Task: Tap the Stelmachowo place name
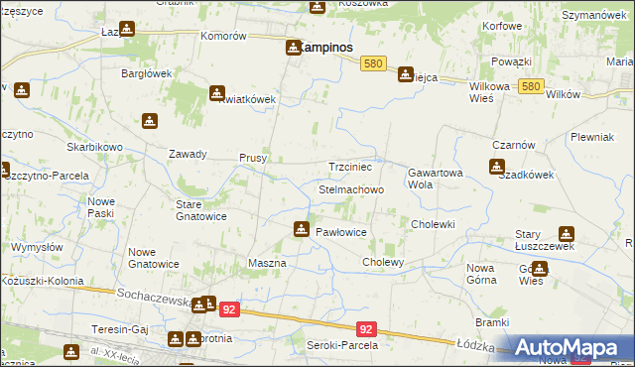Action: (350, 188)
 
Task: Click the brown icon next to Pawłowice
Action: (300, 230)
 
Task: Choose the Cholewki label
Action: (433, 224)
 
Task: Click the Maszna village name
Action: (266, 263)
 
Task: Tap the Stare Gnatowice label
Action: (201, 210)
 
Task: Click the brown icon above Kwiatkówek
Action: (216, 93)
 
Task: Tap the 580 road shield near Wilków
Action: (531, 87)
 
